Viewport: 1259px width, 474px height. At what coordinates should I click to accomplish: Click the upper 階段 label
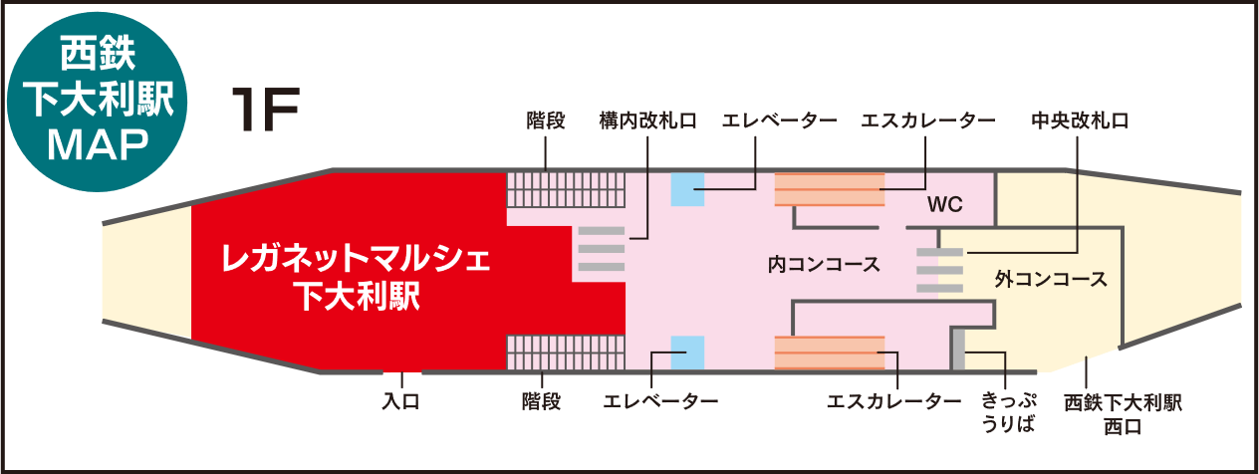pos(546,121)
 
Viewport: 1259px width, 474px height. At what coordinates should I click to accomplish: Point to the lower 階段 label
pos(542,401)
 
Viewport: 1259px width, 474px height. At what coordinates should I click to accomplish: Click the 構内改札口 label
pos(646,121)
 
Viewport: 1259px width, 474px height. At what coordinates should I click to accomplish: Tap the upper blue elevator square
pos(687,189)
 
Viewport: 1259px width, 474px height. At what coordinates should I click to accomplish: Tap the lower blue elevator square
pos(687,353)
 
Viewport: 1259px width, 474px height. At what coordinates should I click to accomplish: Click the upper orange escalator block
pos(830,189)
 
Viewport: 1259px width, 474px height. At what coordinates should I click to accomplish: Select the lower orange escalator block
pos(830,353)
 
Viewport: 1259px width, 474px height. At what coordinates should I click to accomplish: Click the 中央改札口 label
pos(1080,121)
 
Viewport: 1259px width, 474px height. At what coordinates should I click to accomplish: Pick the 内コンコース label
pos(823,265)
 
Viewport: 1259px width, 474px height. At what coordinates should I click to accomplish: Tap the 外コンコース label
pos(1050,280)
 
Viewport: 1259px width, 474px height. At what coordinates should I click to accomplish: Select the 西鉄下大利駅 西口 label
pos(1123,414)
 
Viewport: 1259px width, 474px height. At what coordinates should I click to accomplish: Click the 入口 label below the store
pos(402,401)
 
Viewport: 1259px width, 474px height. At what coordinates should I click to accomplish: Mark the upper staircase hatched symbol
pos(565,189)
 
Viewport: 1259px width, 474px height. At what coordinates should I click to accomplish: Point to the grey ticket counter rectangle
pos(958,350)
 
